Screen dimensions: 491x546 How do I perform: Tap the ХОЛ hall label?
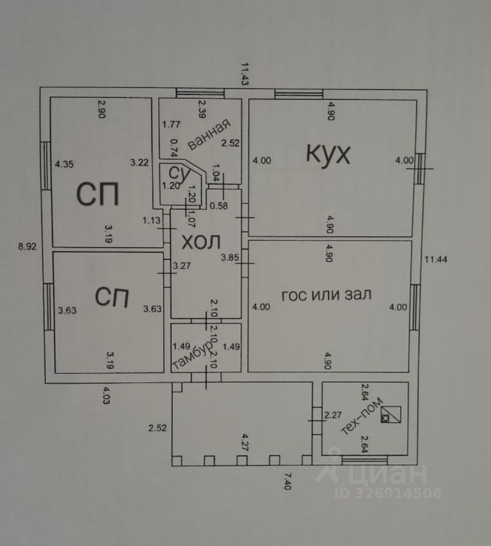[200, 242]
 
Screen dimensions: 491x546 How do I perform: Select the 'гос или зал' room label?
[326, 295]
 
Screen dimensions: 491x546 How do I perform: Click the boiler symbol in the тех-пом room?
[390, 416]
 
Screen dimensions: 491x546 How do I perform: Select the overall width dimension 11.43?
[245, 73]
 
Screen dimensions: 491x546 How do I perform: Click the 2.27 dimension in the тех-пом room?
[332, 414]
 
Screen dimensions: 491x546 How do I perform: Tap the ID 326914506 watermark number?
[387, 493]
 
